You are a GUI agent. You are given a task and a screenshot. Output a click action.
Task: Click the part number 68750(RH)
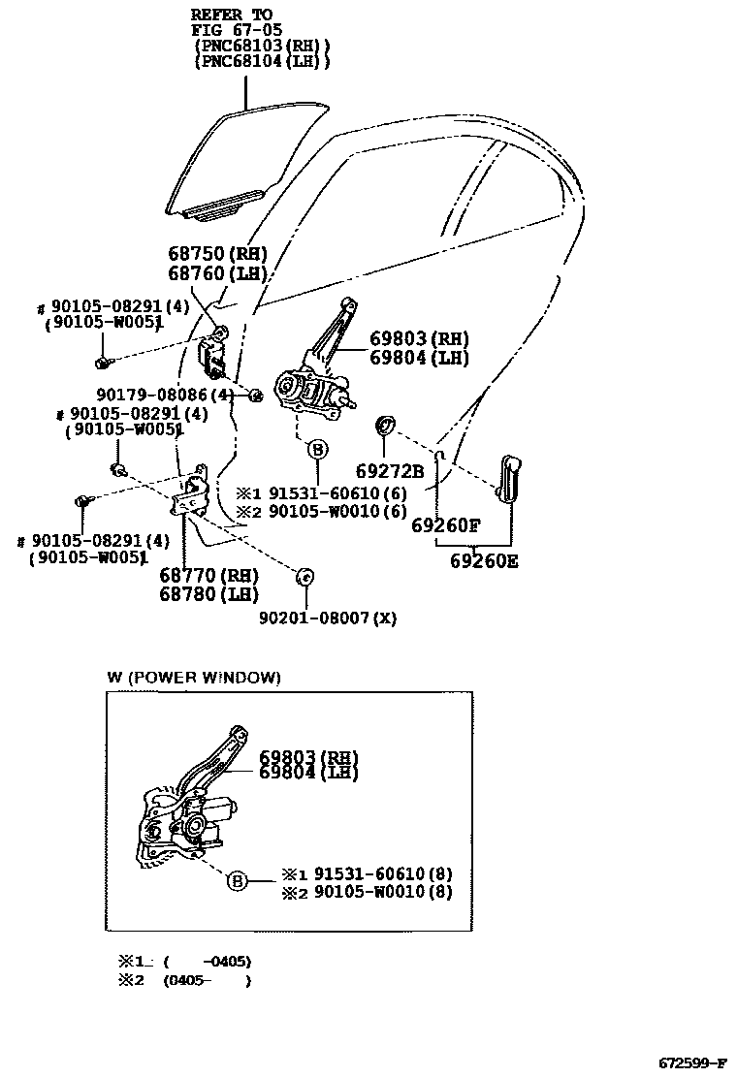pos(217,255)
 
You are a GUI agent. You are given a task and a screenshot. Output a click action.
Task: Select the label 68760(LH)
pos(217,273)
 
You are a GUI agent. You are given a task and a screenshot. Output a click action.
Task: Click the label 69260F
pos(446,526)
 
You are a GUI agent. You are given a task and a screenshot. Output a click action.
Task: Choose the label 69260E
pos(483,560)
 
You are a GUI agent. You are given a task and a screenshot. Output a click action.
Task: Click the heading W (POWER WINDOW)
pos(194,678)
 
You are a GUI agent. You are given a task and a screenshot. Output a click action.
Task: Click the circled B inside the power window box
pos(238,881)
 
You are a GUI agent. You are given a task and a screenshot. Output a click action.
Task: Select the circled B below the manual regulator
pos(317,449)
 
